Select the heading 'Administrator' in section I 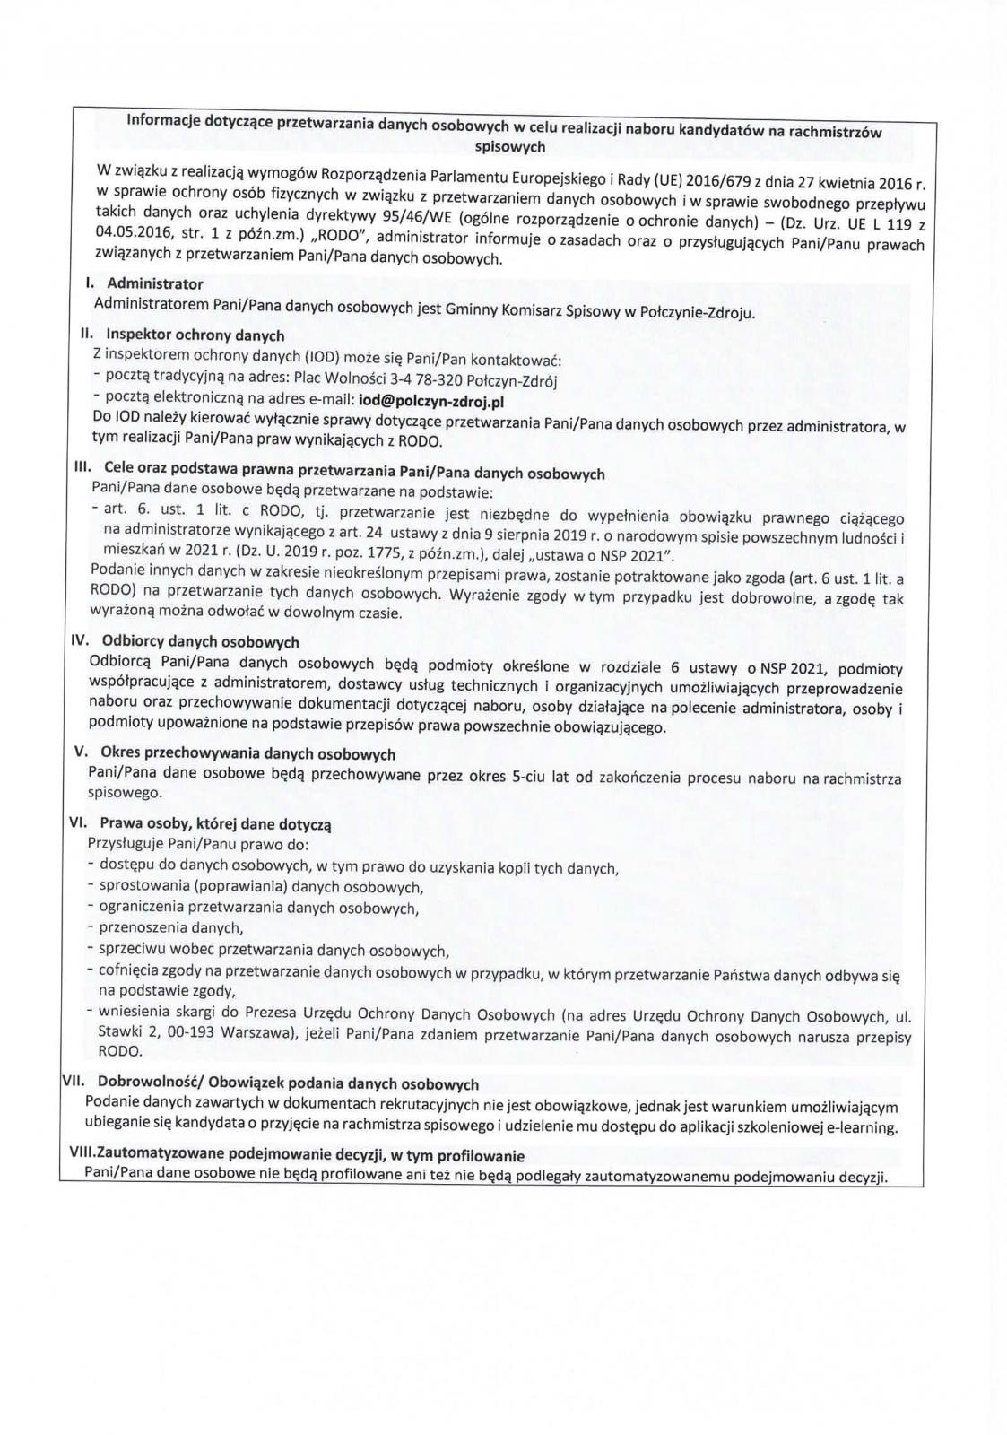coord(155,283)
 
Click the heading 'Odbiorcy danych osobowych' coord(201,642)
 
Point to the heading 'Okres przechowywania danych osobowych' coord(247,753)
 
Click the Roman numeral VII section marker coord(72,1083)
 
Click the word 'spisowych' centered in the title coord(508,145)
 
